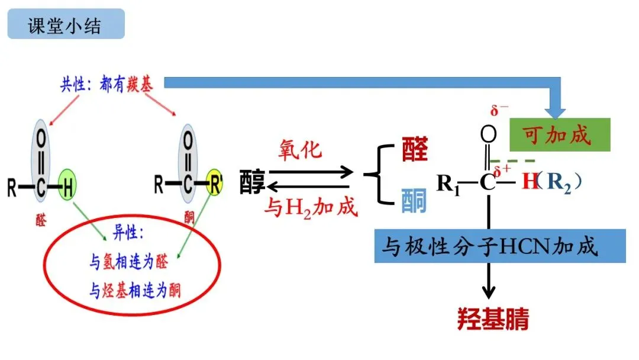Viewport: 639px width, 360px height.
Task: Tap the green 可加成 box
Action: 559,135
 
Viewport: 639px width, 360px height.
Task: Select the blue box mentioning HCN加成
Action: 499,246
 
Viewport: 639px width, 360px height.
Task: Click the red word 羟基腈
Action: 493,319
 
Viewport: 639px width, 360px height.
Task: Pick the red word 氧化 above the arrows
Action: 301,149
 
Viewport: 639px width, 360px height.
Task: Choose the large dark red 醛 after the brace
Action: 414,152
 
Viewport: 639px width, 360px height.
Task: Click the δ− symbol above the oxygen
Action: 499,111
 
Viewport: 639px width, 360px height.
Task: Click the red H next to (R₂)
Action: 530,182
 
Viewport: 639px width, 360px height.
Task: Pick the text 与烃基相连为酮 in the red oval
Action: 135,290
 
